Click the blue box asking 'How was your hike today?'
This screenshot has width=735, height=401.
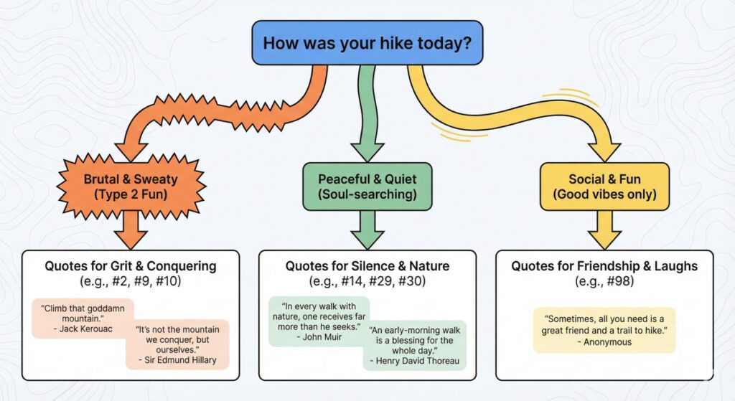(367, 42)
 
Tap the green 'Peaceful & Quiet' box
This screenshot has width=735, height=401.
(367, 187)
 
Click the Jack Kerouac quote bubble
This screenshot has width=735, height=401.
(83, 318)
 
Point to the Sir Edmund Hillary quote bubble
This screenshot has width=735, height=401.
(177, 344)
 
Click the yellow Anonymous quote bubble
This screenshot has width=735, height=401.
(604, 330)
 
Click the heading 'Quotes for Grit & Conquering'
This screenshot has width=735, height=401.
(130, 266)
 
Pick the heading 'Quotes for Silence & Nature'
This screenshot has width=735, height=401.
(367, 266)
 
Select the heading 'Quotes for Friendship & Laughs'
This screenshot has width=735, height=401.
(604, 266)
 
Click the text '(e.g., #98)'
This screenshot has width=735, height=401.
(604, 282)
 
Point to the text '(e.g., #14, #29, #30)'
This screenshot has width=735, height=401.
(367, 282)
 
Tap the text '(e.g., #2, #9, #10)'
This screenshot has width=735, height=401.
(130, 282)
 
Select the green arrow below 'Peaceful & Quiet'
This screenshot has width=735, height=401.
(367, 230)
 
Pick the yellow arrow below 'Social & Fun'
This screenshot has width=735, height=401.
(604, 230)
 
